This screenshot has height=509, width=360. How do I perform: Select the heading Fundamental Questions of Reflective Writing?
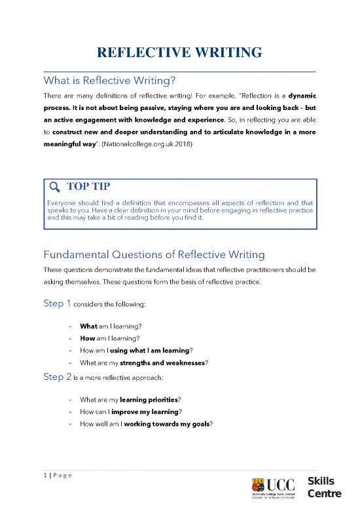154,254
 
